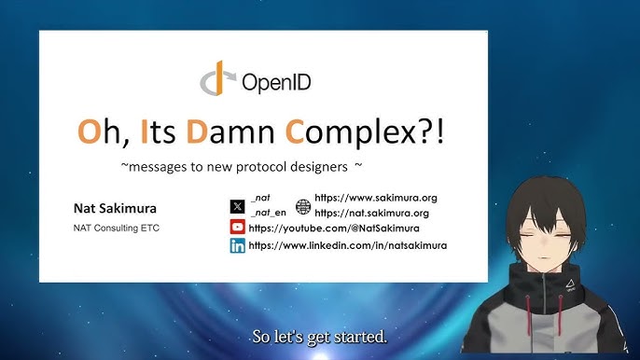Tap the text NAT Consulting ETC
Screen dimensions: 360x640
[x=116, y=228]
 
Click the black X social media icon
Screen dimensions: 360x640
[x=237, y=205]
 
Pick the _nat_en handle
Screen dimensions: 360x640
[x=270, y=213]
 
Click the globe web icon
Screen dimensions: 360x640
[x=302, y=206]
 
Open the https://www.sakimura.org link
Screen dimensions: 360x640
[x=376, y=198]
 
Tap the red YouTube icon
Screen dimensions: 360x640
[x=237, y=228]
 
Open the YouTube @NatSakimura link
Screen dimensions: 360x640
[x=334, y=228]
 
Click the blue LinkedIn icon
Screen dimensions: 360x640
[x=237, y=245]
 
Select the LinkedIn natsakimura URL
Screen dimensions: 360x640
[x=347, y=245]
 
